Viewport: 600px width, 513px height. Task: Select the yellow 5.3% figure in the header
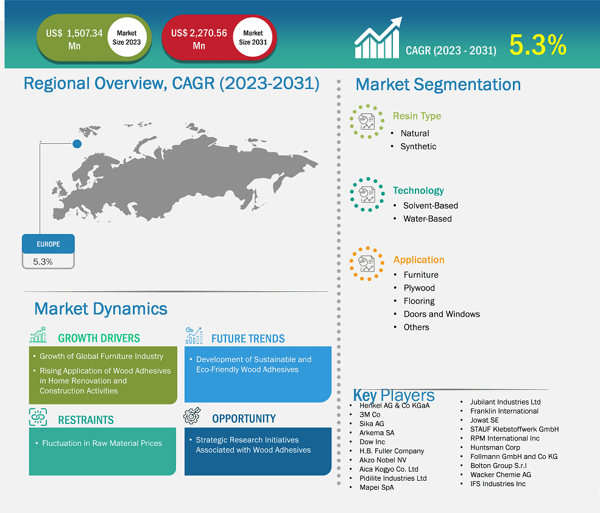pyautogui.click(x=538, y=45)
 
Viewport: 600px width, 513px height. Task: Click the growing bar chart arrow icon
pyautogui.click(x=378, y=38)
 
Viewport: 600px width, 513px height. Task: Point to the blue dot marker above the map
pyautogui.click(x=77, y=144)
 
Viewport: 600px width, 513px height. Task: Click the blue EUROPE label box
pyautogui.click(x=48, y=244)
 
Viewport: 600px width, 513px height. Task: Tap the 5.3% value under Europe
pyautogui.click(x=43, y=261)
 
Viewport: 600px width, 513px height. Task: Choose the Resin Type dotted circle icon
pyautogui.click(x=367, y=121)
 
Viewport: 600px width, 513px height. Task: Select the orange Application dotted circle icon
pyautogui.click(x=367, y=264)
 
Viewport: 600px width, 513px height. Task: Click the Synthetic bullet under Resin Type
pyautogui.click(x=418, y=146)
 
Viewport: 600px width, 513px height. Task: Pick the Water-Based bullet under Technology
pyautogui.click(x=427, y=219)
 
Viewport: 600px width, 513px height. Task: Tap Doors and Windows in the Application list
pyautogui.click(x=442, y=314)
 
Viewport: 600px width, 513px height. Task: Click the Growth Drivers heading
pyautogui.click(x=99, y=338)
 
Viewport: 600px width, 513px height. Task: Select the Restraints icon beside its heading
pyautogui.click(x=38, y=418)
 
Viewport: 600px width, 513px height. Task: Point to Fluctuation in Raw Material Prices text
pyautogui.click(x=102, y=443)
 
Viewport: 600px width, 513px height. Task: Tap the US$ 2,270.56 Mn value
pyautogui.click(x=199, y=38)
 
